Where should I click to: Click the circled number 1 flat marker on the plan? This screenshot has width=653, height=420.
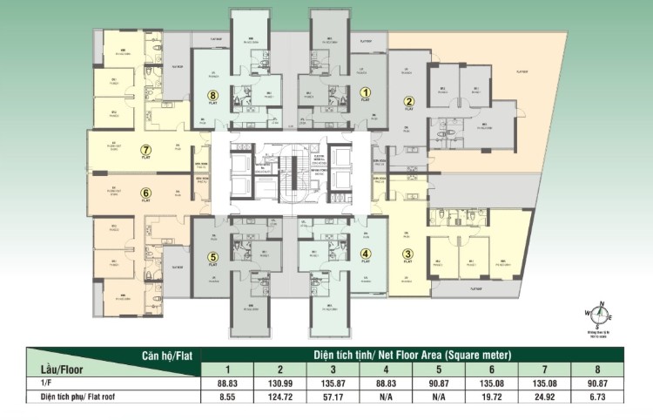pyautogui.click(x=366, y=91)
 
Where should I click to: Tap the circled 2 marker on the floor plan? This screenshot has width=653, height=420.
pyautogui.click(x=407, y=102)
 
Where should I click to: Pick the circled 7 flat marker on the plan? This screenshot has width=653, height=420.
pyautogui.click(x=146, y=149)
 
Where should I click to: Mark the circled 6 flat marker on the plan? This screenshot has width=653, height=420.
pyautogui.click(x=146, y=193)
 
